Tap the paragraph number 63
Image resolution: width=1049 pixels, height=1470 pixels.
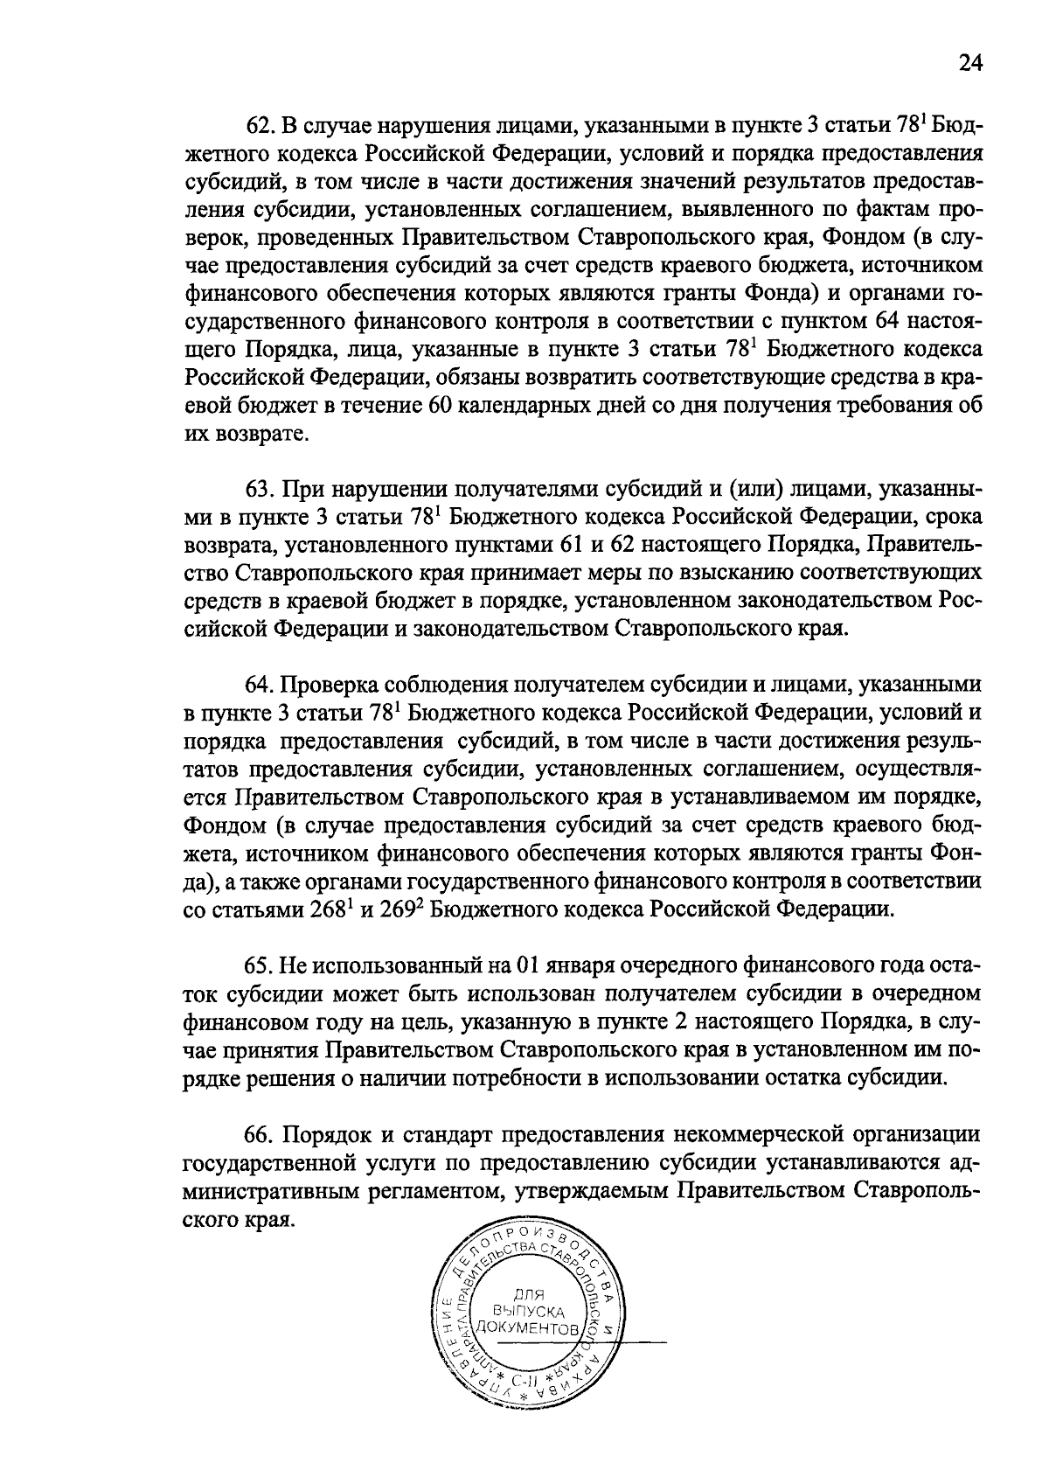pyautogui.click(x=260, y=488)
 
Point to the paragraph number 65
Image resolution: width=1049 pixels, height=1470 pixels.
pyautogui.click(x=260, y=966)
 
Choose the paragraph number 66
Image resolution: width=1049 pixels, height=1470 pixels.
pyautogui.click(x=260, y=1135)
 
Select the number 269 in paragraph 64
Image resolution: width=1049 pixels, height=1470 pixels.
pyautogui.click(x=399, y=909)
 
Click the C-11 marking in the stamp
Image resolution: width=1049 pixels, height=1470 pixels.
pyautogui.click(x=527, y=1383)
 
